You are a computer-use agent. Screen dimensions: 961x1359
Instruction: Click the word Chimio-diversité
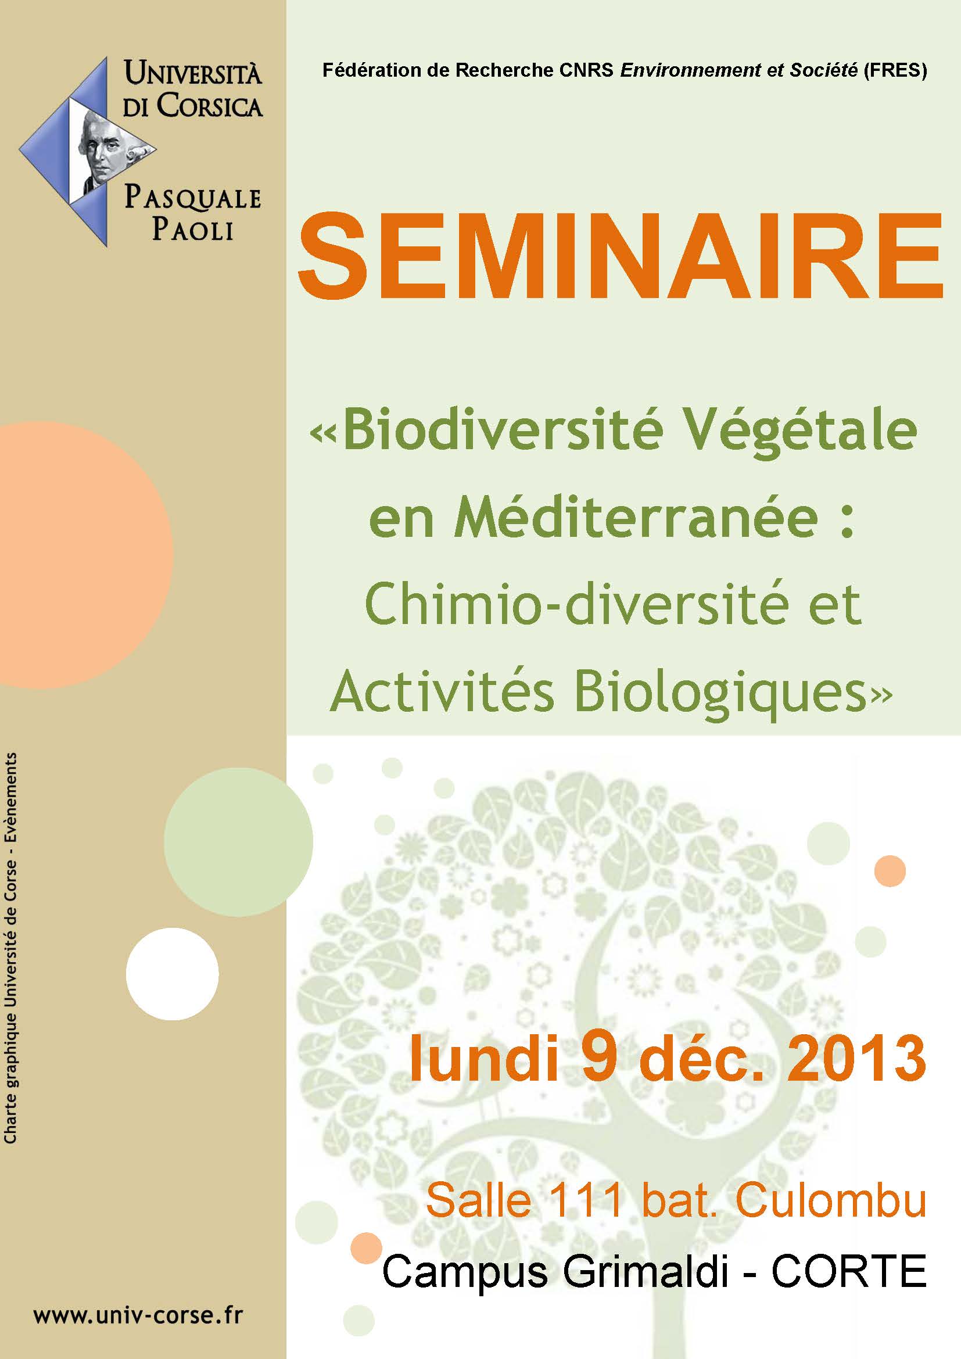click(x=577, y=605)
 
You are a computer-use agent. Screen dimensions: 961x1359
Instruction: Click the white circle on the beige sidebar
click(x=172, y=974)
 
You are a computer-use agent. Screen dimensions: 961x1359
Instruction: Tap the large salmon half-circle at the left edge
click(x=86, y=555)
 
